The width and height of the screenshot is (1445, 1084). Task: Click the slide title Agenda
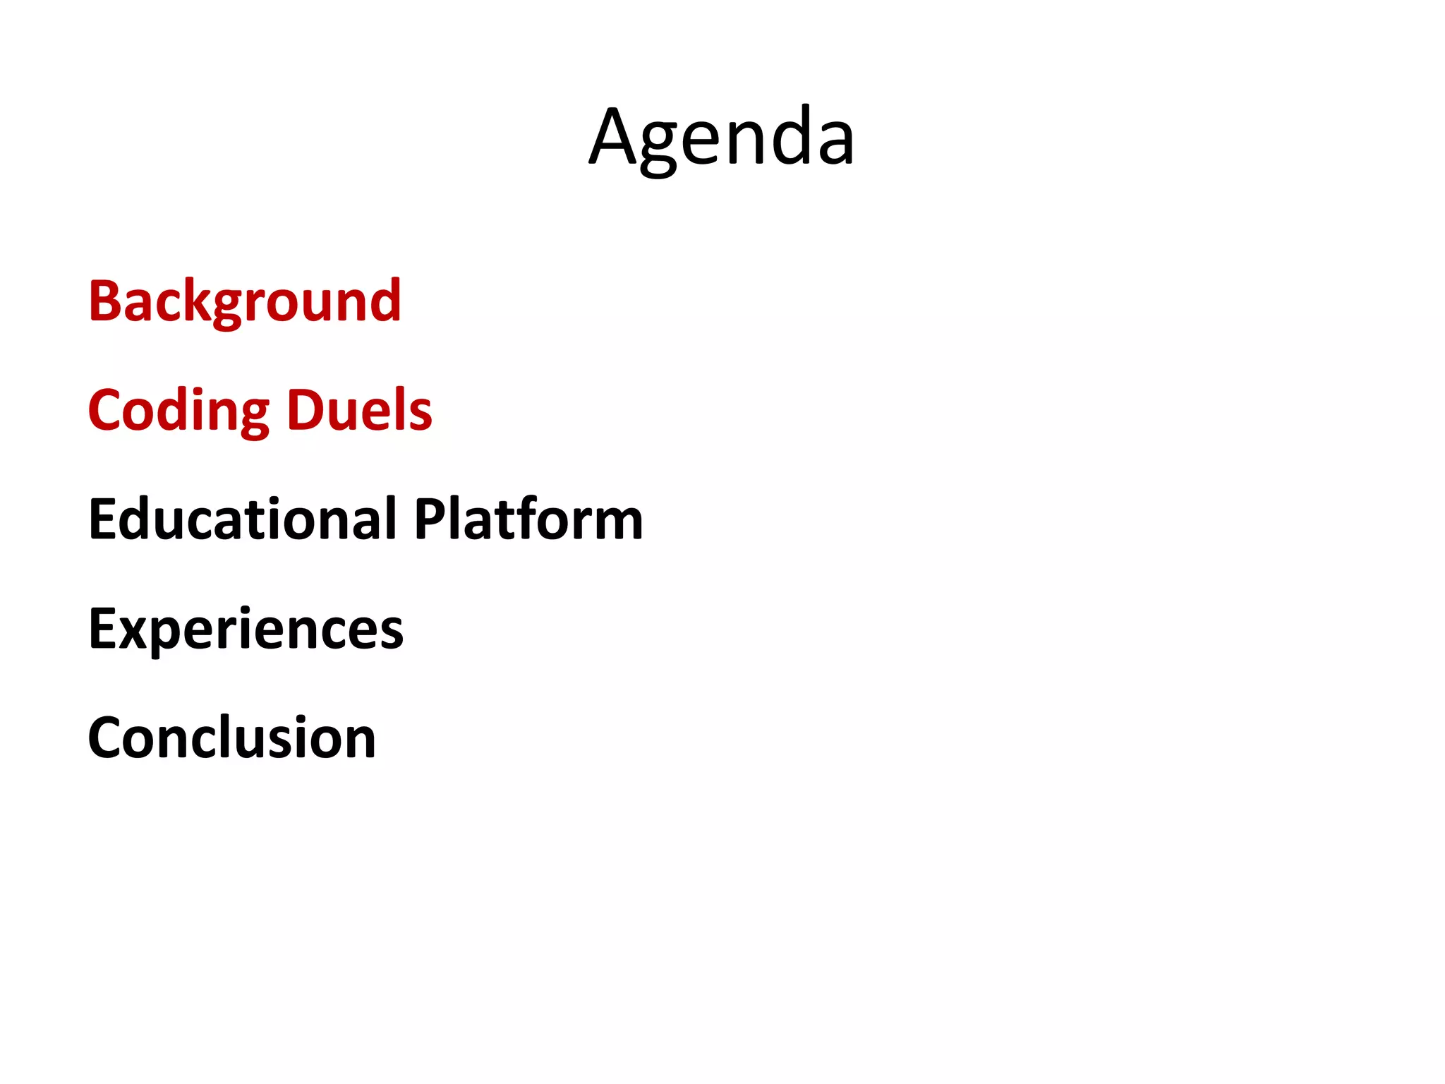pyautogui.click(x=722, y=138)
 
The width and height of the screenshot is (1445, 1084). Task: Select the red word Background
pyautogui.click(x=245, y=301)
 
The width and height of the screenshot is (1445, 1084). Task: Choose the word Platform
pyautogui.click(x=528, y=519)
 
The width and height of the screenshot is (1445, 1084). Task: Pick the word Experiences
pyautogui.click(x=246, y=629)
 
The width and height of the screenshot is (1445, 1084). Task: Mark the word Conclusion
pyautogui.click(x=232, y=738)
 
